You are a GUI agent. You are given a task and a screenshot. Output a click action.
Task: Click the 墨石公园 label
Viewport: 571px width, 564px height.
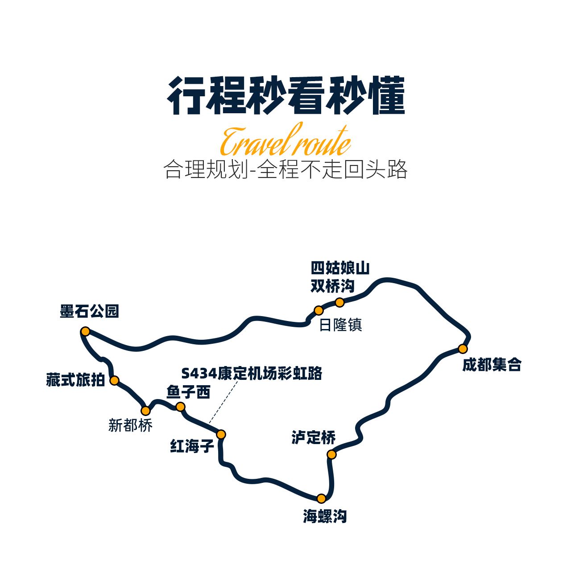coord(89,311)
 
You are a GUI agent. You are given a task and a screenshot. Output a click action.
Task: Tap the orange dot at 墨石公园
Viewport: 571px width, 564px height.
coord(85,331)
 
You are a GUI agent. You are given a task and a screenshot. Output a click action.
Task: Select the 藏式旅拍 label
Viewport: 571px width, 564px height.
coord(75,380)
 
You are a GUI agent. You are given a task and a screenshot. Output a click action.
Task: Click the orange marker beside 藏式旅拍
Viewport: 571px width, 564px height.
coord(114,381)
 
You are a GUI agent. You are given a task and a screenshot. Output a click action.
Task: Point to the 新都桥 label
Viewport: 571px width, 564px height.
coord(130,425)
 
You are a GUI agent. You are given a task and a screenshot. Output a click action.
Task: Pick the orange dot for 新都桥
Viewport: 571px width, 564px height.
coord(145,411)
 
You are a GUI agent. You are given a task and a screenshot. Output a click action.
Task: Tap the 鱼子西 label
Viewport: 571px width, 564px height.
coord(188,392)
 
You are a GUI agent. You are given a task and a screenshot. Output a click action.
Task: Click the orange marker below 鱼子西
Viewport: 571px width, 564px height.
coord(181,407)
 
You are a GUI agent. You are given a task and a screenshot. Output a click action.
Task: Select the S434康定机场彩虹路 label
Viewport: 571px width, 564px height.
coord(252,373)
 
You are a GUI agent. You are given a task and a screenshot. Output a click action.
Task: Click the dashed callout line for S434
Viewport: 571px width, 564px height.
coord(223,402)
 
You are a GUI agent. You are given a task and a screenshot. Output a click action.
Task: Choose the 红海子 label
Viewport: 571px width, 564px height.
coord(192,446)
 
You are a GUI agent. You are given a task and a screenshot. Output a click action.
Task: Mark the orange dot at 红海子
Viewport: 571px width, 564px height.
coord(221,434)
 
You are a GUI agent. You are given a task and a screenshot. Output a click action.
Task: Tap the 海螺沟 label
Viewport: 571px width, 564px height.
coord(325,516)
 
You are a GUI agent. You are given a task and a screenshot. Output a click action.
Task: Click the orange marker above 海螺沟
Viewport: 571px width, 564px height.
coord(321,498)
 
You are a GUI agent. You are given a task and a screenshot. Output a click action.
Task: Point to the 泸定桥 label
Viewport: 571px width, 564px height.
coord(314,438)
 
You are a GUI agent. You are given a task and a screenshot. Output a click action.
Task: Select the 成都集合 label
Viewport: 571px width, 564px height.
coord(492,365)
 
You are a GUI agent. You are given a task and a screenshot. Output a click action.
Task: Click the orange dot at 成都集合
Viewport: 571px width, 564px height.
coord(463,349)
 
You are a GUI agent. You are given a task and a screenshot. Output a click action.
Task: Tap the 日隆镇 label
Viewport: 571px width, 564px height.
coord(340,325)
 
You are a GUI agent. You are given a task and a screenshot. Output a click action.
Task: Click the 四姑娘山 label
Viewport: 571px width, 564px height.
coord(340,268)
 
